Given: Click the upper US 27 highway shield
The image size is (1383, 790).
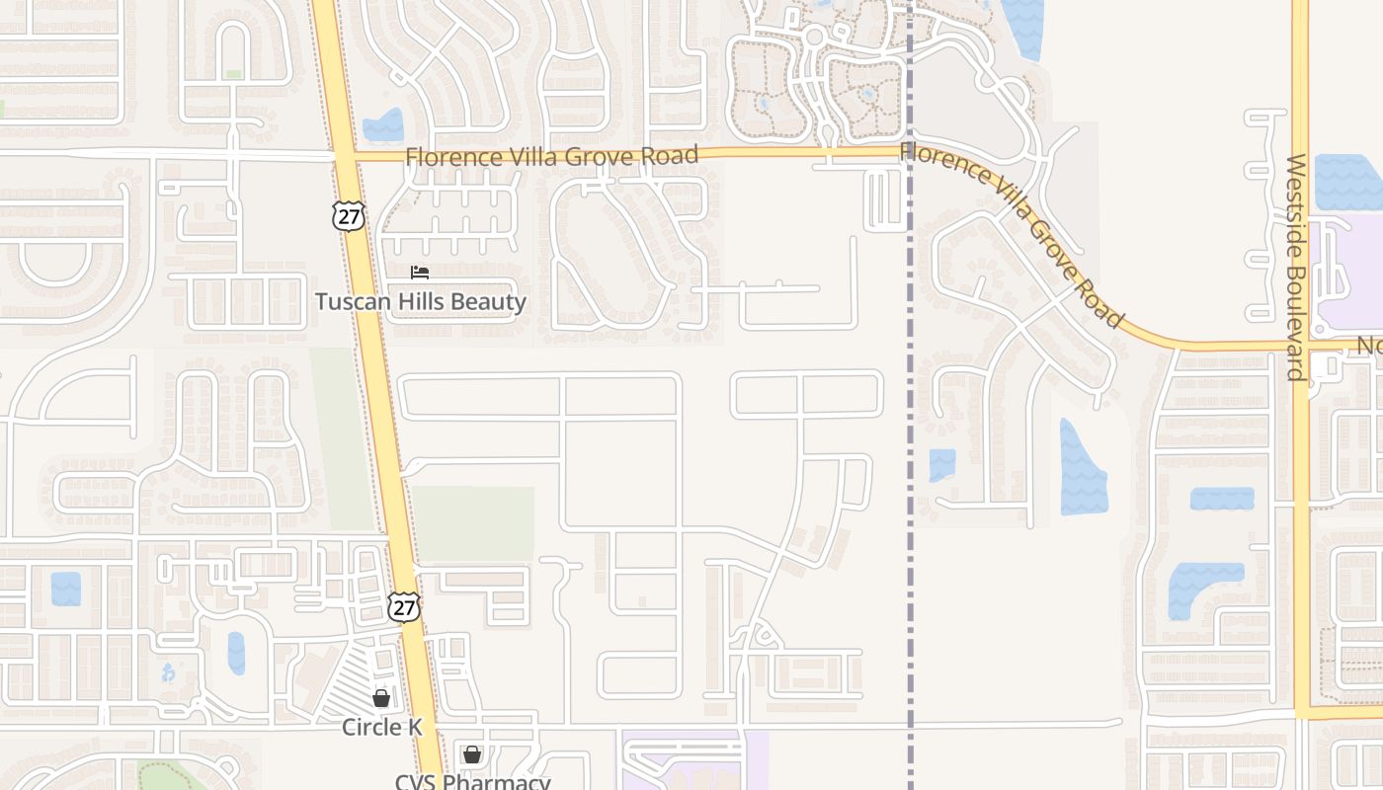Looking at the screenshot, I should [x=348, y=216].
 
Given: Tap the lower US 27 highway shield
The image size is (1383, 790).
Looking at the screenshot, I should [x=404, y=606].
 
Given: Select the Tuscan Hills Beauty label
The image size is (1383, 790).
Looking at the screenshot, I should [x=420, y=302].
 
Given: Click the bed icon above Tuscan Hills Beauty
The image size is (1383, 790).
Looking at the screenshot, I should [x=420, y=273].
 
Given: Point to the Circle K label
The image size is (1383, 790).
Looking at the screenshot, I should [x=381, y=728].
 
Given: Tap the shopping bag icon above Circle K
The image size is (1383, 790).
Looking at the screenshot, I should [x=381, y=699].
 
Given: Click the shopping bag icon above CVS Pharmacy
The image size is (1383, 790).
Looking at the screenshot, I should [x=472, y=755].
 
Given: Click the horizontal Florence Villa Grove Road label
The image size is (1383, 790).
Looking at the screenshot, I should [x=551, y=156].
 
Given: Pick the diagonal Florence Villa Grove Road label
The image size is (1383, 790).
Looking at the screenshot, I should [x=1012, y=235].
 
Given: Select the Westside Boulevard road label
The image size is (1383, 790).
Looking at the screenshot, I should [x=1297, y=267].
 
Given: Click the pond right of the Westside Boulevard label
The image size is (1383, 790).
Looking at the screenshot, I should [x=1347, y=182].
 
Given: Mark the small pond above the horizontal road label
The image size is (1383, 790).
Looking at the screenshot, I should [x=383, y=125].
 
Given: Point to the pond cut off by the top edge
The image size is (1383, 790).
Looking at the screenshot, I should [x=1023, y=25].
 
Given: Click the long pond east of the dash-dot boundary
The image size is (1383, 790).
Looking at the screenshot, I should [x=1082, y=469].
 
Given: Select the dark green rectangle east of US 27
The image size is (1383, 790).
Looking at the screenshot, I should [x=473, y=523].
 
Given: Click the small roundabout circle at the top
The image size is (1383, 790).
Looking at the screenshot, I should [x=814, y=38].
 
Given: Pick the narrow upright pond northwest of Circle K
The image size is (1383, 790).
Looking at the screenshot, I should [x=236, y=653].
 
